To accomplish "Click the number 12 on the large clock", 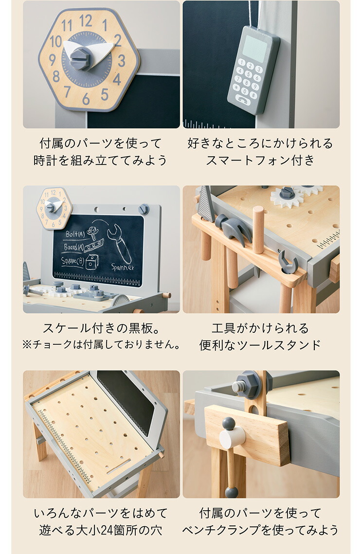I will (x=85, y=20).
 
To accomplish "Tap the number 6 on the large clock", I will (x=86, y=99).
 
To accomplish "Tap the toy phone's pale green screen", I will (x=255, y=49).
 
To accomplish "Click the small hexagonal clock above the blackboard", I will (x=54, y=208).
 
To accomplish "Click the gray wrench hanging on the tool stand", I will (x=288, y=262).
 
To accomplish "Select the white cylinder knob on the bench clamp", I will (x=233, y=437).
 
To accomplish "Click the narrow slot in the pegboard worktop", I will (x=119, y=467).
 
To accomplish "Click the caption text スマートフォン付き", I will (x=260, y=161).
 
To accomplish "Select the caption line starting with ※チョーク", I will (x=101, y=345).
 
